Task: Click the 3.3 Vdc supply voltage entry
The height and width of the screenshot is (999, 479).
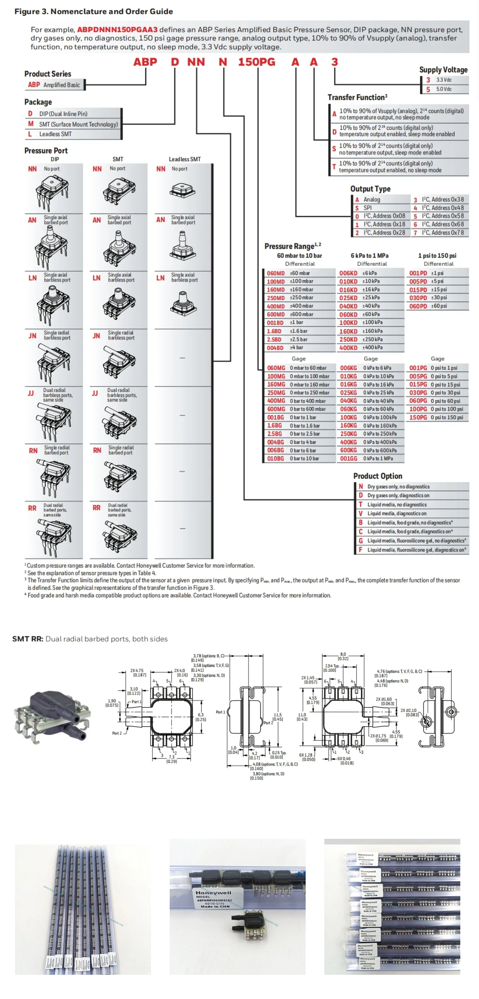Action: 444,80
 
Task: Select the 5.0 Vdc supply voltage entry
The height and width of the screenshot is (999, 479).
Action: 444,89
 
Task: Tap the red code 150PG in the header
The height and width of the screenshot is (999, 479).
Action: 257,62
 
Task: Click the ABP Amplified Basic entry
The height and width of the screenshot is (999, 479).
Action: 54,85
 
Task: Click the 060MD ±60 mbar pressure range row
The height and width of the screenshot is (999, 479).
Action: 298,273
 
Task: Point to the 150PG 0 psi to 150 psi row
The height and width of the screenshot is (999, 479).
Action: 438,418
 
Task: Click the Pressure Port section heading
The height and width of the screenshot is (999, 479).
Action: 46,150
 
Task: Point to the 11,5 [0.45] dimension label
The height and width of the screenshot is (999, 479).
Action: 277,717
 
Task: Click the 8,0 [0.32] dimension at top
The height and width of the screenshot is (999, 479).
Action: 343,656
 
